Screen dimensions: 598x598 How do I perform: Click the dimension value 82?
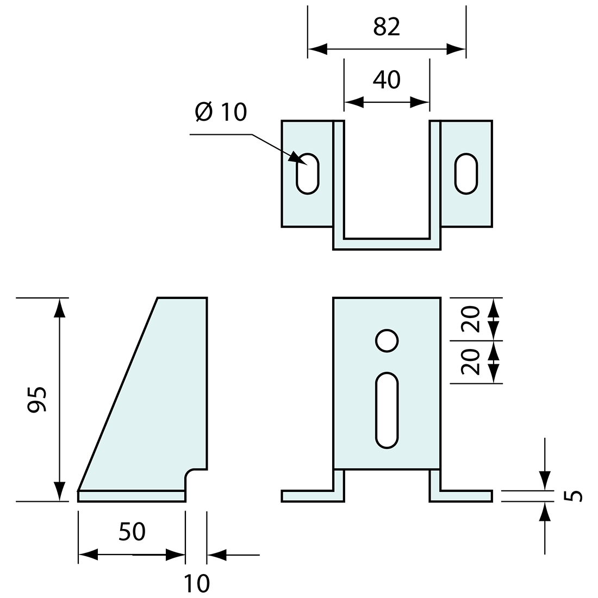pos(387,27)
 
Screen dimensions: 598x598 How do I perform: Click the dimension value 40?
pos(387,79)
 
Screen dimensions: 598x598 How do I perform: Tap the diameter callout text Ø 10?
pos(221,112)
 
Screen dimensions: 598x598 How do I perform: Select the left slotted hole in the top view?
pos(307,173)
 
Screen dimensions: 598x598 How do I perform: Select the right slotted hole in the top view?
pos(466,173)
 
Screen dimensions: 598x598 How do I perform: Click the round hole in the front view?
pos(387,341)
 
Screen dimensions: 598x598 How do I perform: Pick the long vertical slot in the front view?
pos(387,410)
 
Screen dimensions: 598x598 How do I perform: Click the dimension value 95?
pos(38,400)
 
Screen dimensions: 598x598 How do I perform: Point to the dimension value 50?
pos(132,532)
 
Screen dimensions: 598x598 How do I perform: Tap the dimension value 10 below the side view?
pos(196,583)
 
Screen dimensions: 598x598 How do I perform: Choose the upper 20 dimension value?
pos(471,319)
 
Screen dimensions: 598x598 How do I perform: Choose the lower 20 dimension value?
pos(471,362)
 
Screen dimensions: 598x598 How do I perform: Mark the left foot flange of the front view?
pos(308,496)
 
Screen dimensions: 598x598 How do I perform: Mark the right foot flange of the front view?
pos(465,496)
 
